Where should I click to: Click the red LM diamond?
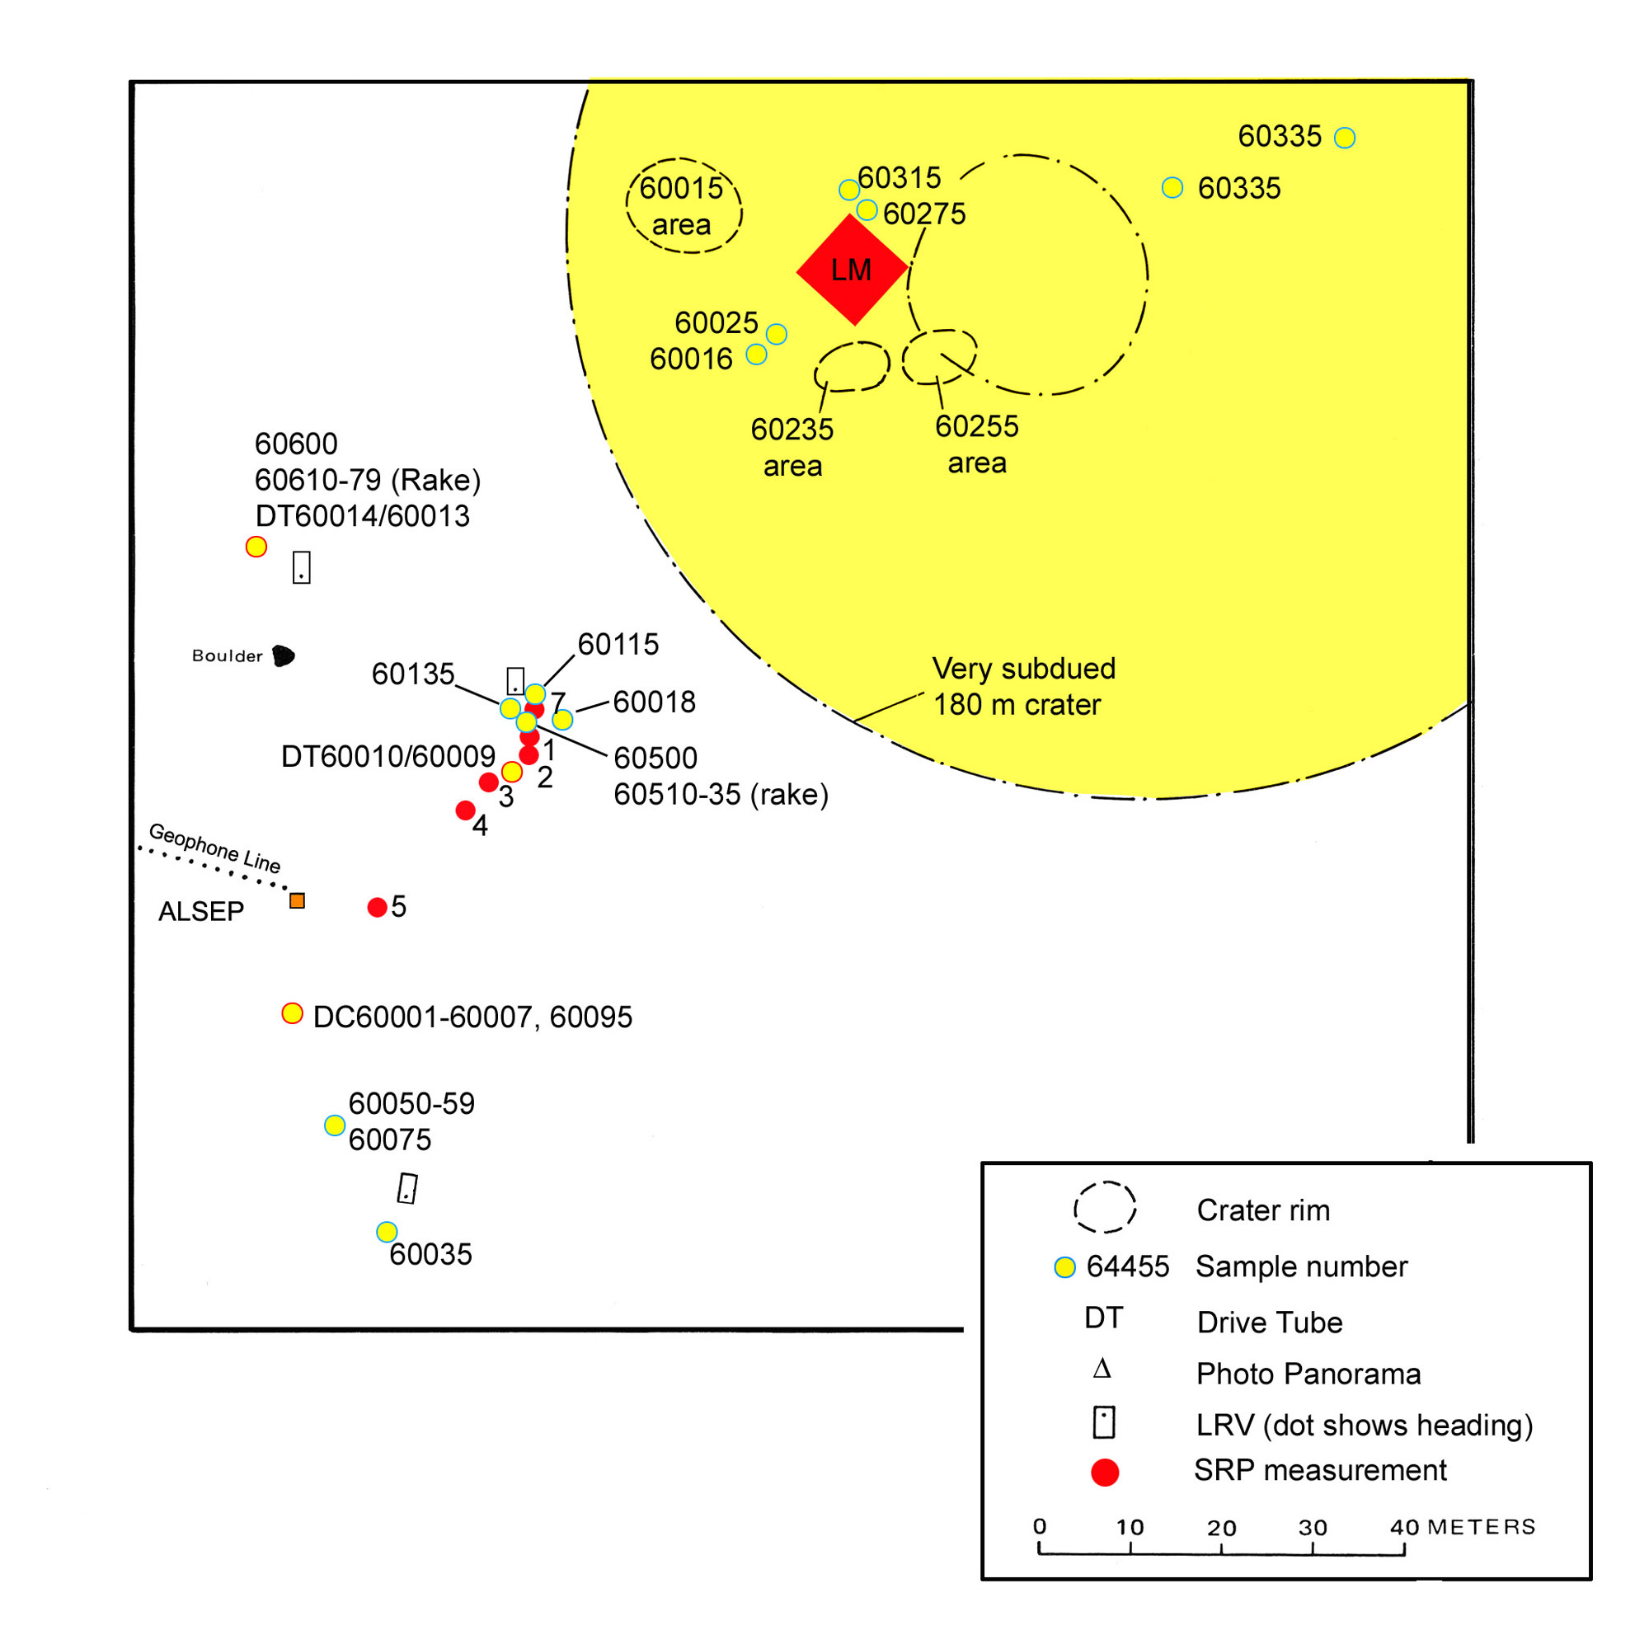(851, 270)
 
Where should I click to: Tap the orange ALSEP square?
(297, 900)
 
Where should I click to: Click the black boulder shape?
(284, 655)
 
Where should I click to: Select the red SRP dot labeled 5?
(378, 907)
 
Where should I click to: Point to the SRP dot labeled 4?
(465, 810)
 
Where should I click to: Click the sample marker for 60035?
(387, 1232)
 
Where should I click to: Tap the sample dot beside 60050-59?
(335, 1125)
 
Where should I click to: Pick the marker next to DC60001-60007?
(292, 1013)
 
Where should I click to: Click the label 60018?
(654, 702)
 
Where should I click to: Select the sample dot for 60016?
(756, 355)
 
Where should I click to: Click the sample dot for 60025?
(776, 334)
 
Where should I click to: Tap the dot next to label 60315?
(848, 190)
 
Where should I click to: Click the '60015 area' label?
(681, 205)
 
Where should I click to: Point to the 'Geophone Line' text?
(214, 848)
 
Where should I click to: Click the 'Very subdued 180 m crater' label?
(1023, 686)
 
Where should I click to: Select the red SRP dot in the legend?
(1105, 1473)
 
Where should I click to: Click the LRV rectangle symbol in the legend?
(1104, 1423)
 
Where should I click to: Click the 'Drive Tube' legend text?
(1269, 1322)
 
